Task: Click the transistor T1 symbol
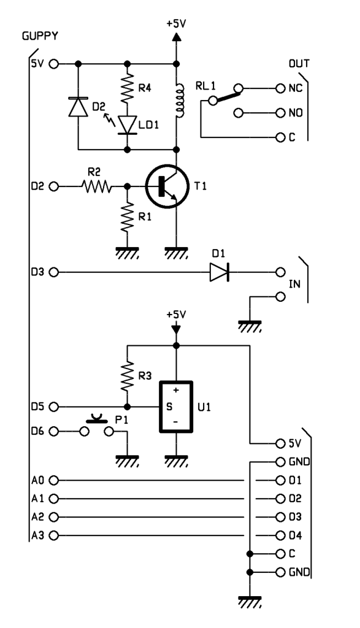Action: point(167,186)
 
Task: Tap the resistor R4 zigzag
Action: point(128,88)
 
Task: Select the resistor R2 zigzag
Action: point(96,186)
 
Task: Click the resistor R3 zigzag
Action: point(128,377)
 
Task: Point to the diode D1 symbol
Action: point(220,272)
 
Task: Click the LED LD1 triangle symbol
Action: point(128,125)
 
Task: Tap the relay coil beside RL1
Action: point(180,100)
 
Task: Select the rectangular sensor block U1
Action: point(176,407)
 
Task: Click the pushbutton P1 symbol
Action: point(97,427)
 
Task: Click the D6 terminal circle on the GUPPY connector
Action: point(53,431)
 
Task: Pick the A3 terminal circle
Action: point(53,535)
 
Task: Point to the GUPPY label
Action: point(40,36)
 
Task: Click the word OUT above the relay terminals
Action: point(299,64)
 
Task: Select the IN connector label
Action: point(295,285)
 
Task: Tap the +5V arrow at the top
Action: point(176,37)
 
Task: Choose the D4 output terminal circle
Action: point(281,535)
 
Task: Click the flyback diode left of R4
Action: point(78,107)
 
